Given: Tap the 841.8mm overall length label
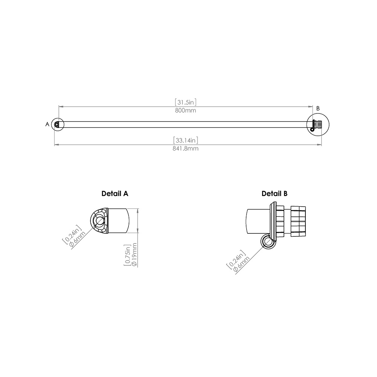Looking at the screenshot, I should tap(186, 149).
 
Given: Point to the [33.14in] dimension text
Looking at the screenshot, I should tap(186, 140).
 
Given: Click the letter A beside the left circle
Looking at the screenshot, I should tap(48, 124).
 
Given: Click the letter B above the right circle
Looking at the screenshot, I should tap(318, 108).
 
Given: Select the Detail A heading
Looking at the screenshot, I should tap(115, 193).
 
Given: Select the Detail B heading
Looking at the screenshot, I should tap(274, 193).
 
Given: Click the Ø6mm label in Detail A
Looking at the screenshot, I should tap(78, 239).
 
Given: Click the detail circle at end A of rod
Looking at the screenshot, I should tap(58, 124).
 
